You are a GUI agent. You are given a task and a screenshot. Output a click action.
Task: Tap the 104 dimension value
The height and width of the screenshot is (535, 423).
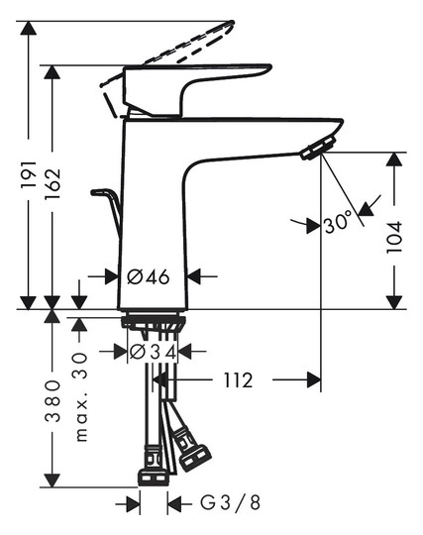396,232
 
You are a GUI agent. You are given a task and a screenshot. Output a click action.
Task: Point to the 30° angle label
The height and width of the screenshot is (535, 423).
338,223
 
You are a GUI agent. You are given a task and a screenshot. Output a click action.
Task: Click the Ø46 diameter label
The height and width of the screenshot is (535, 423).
152,276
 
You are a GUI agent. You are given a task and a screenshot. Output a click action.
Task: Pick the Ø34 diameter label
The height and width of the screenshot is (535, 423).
153,351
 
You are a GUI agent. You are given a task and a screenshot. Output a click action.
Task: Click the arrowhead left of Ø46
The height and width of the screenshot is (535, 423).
110,276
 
